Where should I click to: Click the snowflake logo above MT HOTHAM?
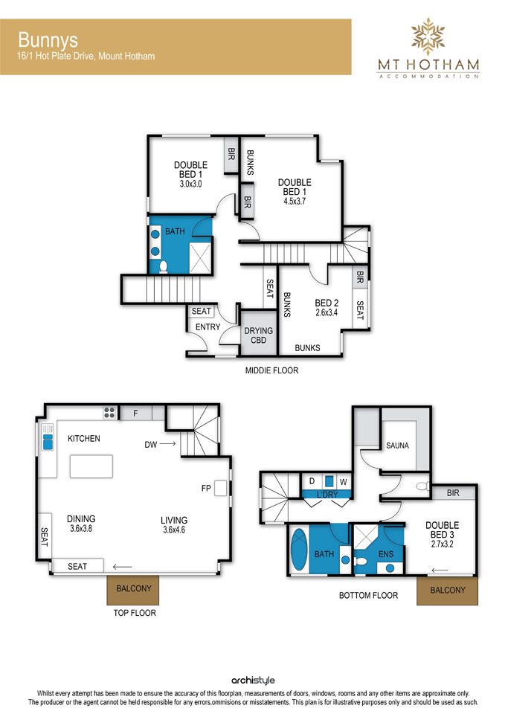point(428,36)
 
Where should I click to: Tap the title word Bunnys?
point(48,40)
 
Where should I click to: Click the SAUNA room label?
point(398,446)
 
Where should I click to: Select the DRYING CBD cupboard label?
point(259,335)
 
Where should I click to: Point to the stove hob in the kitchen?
point(109,413)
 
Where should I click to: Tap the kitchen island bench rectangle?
point(91,466)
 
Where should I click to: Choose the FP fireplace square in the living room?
point(220,488)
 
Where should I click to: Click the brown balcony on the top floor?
point(133,590)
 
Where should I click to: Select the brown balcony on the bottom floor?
point(447,591)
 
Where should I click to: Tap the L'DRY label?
point(327,495)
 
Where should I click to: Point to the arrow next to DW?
point(167,443)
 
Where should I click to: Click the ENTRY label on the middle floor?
point(208,327)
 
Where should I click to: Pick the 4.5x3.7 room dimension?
point(295,202)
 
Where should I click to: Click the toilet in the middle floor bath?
point(163,267)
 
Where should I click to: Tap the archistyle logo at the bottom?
point(253,681)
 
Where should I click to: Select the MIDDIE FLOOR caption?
point(272,370)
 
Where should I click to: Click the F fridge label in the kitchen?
point(135,414)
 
